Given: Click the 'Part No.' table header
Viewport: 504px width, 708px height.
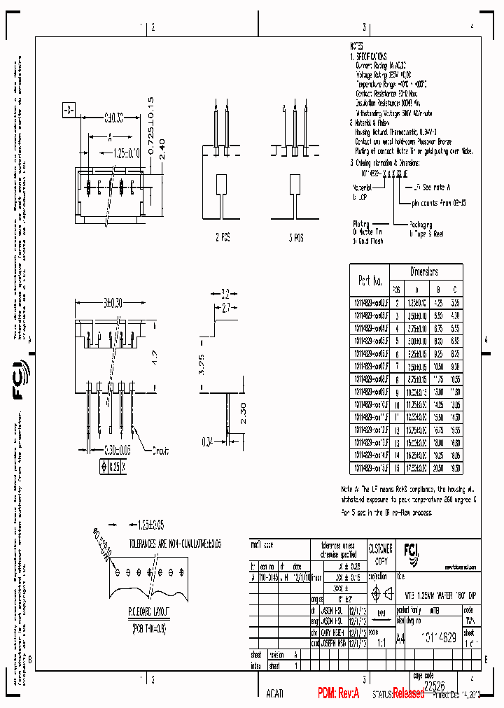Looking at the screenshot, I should click(370, 280).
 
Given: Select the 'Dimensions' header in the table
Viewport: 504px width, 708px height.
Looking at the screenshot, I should click(423, 271).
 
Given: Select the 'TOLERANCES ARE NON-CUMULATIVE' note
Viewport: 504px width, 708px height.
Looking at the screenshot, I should click(175, 543).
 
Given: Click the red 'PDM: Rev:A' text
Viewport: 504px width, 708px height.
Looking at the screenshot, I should click(338, 693).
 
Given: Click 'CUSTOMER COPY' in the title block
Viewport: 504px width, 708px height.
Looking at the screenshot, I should click(381, 553).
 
